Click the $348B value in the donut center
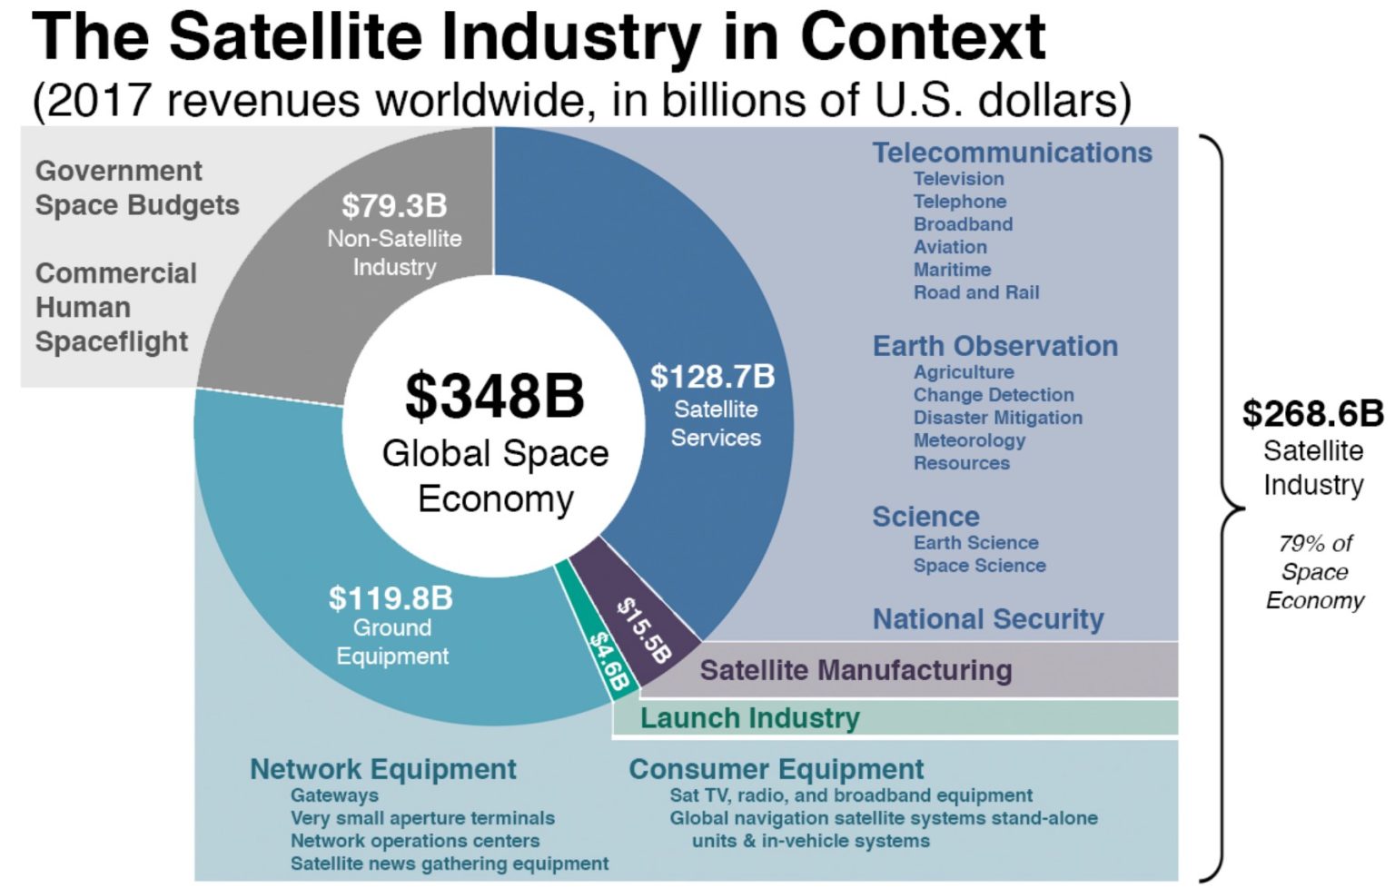click(x=494, y=396)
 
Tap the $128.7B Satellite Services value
click(x=713, y=377)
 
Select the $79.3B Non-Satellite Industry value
click(x=394, y=206)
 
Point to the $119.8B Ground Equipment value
click(x=391, y=598)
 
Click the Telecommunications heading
click(x=1012, y=153)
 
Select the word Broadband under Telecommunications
click(x=963, y=224)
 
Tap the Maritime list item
click(x=952, y=270)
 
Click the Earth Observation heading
click(x=994, y=346)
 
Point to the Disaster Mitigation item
click(x=997, y=418)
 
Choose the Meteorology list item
click(x=969, y=440)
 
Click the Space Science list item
click(x=979, y=566)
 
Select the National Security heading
click(x=988, y=619)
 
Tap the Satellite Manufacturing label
click(x=856, y=670)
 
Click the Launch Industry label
click(x=749, y=718)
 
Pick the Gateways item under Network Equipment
click(x=334, y=795)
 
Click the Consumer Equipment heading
click(x=776, y=769)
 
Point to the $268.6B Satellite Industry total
click(x=1312, y=414)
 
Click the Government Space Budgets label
click(x=137, y=188)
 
